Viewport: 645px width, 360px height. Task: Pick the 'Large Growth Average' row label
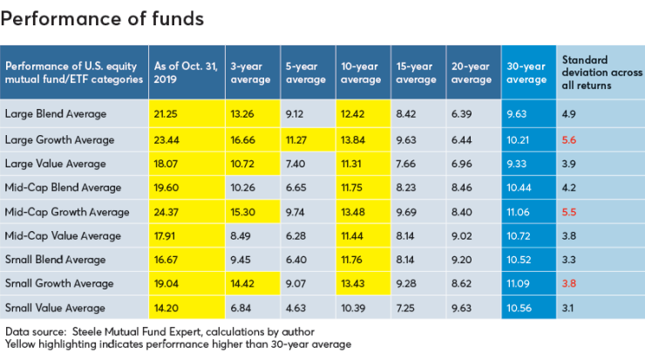[x=57, y=139]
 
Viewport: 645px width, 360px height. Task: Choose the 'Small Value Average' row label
[x=55, y=308]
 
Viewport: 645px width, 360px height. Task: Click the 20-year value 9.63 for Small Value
[x=463, y=308]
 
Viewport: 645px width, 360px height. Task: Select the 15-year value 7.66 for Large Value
[x=407, y=163]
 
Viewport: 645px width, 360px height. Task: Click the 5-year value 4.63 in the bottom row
[x=295, y=308]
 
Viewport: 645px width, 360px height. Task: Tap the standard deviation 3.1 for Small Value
[x=569, y=308]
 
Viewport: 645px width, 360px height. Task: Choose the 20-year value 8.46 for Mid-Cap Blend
[x=463, y=187]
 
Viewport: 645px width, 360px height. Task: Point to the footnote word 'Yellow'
[x=22, y=344]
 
